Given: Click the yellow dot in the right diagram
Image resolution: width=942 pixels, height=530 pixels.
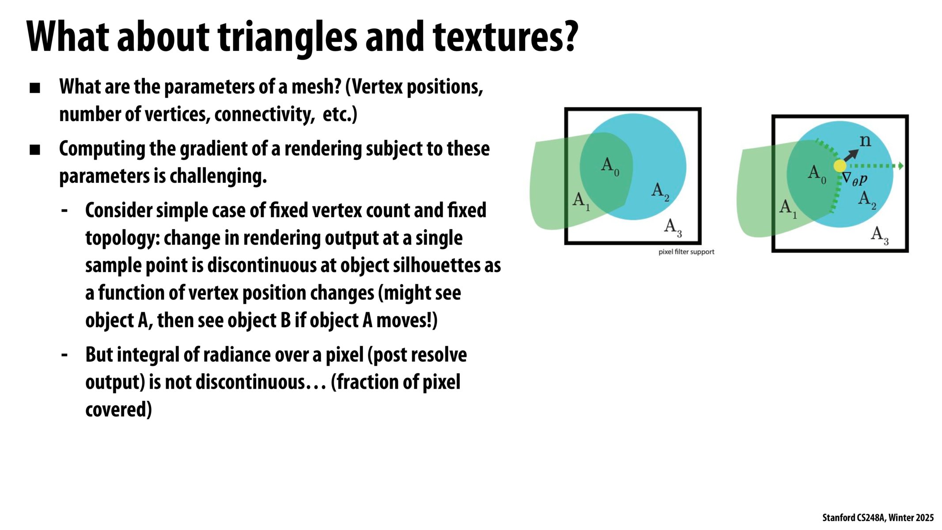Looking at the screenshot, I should click(840, 166).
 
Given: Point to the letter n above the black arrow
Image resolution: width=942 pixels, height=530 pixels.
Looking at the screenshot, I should click(865, 141).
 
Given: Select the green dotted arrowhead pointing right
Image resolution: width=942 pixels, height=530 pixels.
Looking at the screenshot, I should click(901, 166).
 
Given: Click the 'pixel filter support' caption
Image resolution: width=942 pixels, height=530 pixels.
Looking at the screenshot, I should click(686, 252).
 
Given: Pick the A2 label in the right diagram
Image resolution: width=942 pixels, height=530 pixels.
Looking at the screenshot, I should click(867, 199).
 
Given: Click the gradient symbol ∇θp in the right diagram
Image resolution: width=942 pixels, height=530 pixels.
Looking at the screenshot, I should click(855, 179).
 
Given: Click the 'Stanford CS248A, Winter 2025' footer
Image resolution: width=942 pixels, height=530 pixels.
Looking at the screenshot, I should click(878, 518).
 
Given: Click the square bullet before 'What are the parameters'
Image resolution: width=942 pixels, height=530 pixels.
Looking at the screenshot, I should click(35, 88).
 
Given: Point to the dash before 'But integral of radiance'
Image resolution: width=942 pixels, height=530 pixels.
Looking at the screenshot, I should click(65, 355).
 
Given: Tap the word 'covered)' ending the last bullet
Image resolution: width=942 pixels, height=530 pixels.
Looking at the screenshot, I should click(118, 409).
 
